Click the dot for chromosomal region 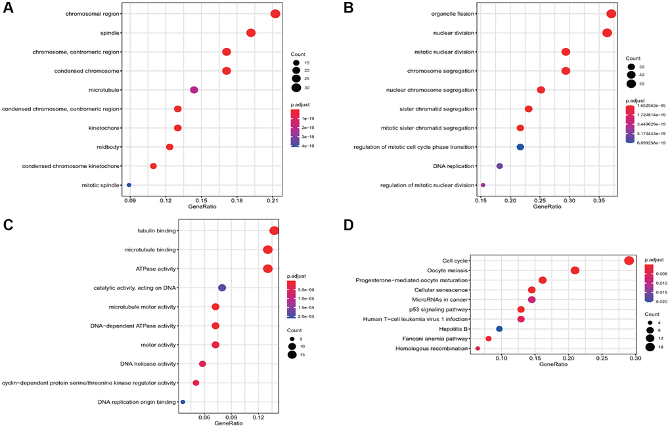[275, 14]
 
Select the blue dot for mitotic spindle [129, 185]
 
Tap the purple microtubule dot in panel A [194, 90]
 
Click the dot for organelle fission [611, 14]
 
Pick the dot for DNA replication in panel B [500, 166]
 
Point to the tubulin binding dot [274, 230]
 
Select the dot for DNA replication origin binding [183, 402]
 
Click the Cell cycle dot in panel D [629, 261]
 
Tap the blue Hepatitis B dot [499, 329]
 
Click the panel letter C [9, 225]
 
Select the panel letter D [349, 225]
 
